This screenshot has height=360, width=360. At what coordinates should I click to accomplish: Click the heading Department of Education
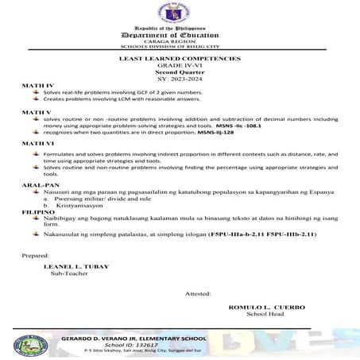(x=180, y=37)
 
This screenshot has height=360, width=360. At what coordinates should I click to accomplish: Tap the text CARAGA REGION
(x=180, y=45)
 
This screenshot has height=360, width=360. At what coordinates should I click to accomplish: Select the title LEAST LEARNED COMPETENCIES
(x=180, y=60)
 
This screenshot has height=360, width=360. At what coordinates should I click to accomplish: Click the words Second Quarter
(x=180, y=73)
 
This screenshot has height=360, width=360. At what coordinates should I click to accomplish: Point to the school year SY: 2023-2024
(x=180, y=79)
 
